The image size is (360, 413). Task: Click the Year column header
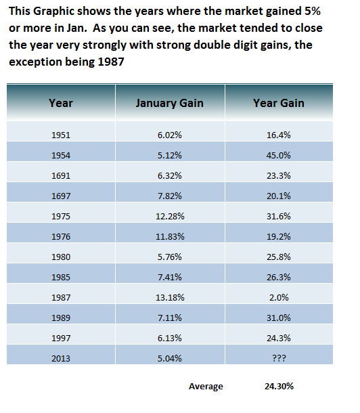coord(61,103)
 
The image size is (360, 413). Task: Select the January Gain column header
coord(170,103)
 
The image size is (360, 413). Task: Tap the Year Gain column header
coord(279,103)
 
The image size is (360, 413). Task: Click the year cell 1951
coord(61,135)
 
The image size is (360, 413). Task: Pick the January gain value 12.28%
coord(170,216)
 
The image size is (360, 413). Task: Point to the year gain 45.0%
coord(279,156)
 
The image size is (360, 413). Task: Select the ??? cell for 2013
coord(279,358)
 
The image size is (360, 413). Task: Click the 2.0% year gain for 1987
coord(279,298)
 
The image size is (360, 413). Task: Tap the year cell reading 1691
coord(61,175)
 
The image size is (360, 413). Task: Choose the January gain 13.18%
coord(170,298)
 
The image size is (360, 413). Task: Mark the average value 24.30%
coord(279,387)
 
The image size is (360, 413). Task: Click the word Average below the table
coord(206,387)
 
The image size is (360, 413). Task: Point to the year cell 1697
coord(61,196)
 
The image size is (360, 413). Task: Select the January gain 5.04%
coord(170,358)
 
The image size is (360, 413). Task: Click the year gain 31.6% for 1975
coord(279,216)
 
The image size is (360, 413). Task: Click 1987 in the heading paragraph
coord(111,62)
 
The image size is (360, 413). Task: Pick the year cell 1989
coord(61,318)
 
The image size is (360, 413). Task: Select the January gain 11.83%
coord(170,236)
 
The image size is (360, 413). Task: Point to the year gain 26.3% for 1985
coord(279,278)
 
